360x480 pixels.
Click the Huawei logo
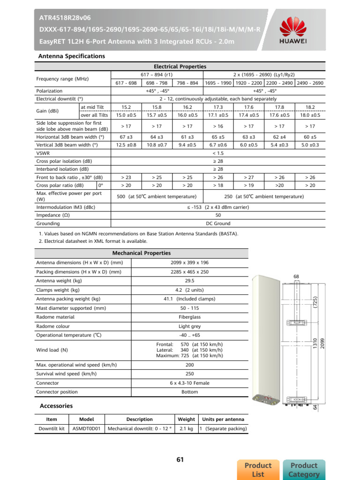click(x=293, y=30)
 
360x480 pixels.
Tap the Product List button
click(x=258, y=470)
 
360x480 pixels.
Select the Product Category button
click(x=304, y=470)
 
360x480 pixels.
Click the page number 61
click(x=180, y=459)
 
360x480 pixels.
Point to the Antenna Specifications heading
click(x=71, y=56)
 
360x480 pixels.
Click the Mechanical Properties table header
click(x=141, y=253)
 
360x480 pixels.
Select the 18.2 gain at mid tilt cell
click(x=310, y=107)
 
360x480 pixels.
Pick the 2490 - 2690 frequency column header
click(x=310, y=83)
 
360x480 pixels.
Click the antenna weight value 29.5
click(x=189, y=281)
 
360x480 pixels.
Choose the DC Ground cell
click(x=218, y=224)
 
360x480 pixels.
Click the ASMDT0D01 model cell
click(x=87, y=428)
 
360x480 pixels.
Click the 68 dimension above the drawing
click(x=296, y=277)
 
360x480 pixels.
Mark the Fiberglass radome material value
click(x=189, y=317)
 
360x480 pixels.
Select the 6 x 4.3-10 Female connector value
click(x=189, y=383)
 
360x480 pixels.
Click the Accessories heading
click(x=56, y=406)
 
